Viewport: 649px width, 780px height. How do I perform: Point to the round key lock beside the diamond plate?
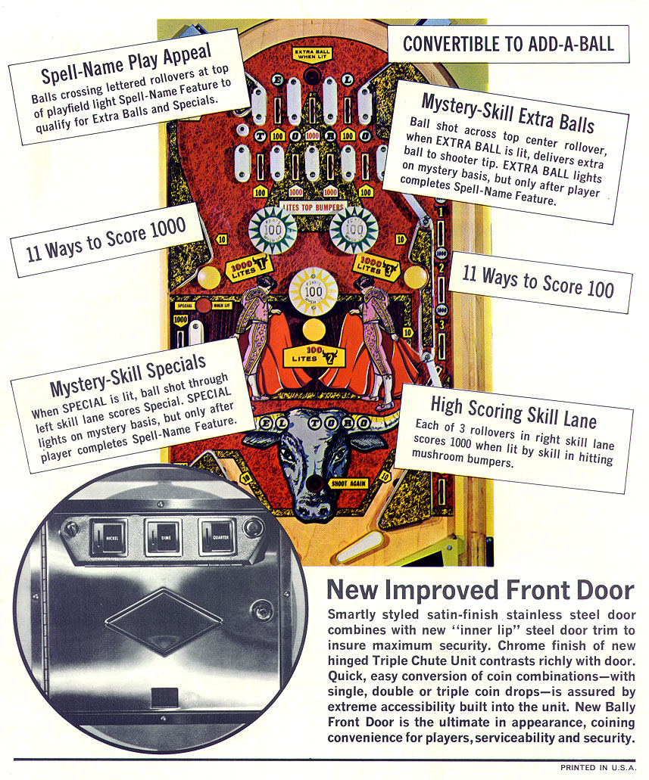click(x=262, y=609)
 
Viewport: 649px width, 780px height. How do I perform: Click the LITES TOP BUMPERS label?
click(x=313, y=207)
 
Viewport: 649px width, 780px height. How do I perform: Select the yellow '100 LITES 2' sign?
click(x=313, y=356)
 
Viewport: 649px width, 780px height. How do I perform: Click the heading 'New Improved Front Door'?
click(x=479, y=591)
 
